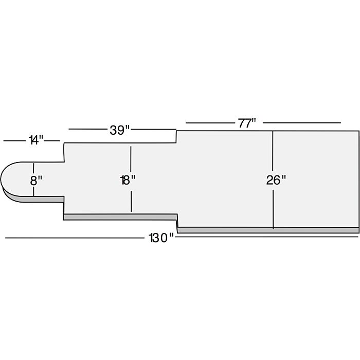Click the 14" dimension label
[36, 140]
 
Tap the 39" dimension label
[120, 130]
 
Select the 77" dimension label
[247, 123]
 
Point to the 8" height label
[36, 181]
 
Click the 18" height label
[128, 180]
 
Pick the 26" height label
[276, 180]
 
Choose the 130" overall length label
[161, 238]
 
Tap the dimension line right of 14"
[52, 141]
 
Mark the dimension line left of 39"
[88, 129]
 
